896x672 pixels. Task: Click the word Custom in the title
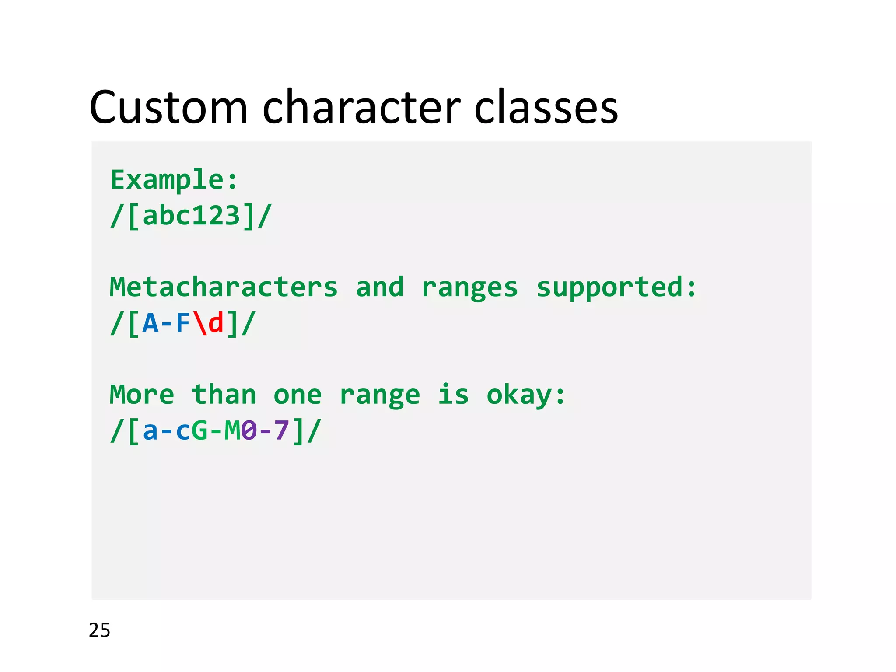[168, 107]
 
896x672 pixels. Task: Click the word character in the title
[361, 107]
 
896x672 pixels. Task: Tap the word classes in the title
[546, 107]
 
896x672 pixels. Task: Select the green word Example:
[174, 180]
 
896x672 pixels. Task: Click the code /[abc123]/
[191, 216]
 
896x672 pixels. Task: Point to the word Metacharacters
[224, 287]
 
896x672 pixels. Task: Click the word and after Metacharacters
[379, 287]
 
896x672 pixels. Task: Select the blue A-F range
[166, 324]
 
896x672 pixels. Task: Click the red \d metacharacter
[208, 324]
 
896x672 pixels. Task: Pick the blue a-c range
[166, 431]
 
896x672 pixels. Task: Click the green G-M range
[216, 431]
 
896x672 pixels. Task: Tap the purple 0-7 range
[265, 431]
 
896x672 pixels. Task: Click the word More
[142, 395]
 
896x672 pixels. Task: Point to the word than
[224, 395]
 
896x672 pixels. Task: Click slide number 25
[99, 630]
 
